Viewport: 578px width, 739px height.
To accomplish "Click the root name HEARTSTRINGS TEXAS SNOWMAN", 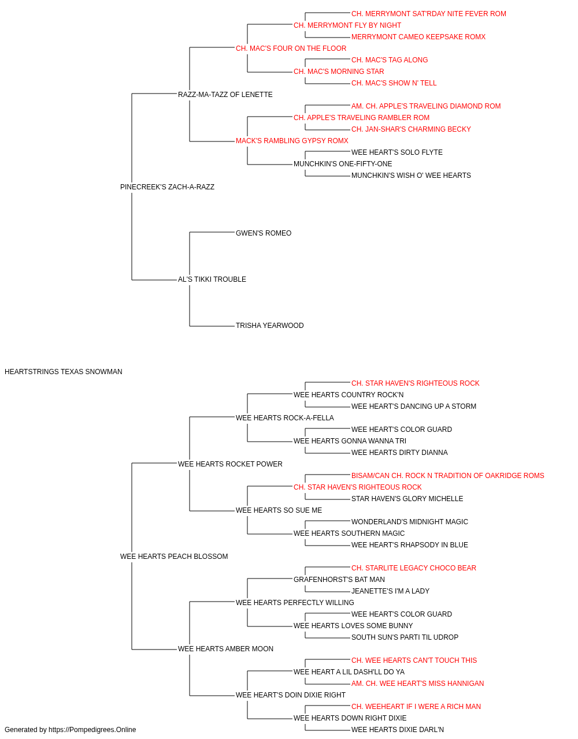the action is [64, 372].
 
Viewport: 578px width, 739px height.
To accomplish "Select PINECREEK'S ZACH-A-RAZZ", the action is [167, 187].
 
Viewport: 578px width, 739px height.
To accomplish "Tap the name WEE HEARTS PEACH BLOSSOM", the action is [174, 557].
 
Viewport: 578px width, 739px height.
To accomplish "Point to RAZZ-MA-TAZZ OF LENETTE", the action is [225, 95].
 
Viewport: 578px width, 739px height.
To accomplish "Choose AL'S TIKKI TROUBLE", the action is [212, 279].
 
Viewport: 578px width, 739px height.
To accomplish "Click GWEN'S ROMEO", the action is [264, 233].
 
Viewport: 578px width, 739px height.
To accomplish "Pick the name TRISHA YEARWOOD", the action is [269, 326].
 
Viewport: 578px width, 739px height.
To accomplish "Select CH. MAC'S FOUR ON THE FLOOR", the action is [291, 48].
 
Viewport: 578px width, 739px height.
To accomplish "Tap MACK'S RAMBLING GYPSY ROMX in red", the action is [292, 141].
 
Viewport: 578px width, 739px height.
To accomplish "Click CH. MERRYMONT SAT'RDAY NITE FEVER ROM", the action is [428, 14].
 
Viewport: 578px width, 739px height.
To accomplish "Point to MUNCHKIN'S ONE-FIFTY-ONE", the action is [343, 164].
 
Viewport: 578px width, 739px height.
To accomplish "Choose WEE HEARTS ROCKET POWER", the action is [230, 464].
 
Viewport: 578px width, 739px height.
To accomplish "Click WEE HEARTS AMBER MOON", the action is [225, 649].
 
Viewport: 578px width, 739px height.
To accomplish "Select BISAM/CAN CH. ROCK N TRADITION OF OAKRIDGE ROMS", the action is [447, 476].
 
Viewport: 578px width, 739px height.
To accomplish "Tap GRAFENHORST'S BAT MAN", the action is [339, 580].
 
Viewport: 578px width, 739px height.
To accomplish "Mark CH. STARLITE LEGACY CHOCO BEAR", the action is [414, 568].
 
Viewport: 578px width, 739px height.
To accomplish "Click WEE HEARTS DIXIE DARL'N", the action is [398, 730].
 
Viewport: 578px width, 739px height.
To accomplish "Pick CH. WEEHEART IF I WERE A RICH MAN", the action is [416, 706].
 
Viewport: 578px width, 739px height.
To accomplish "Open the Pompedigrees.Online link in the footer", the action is [92, 730].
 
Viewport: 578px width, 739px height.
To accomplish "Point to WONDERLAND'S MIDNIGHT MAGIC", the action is [409, 522].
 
